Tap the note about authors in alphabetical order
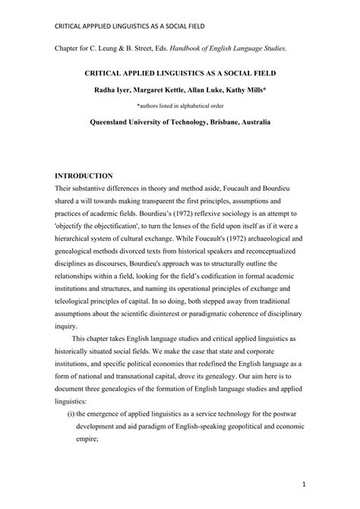coord(180,106)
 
